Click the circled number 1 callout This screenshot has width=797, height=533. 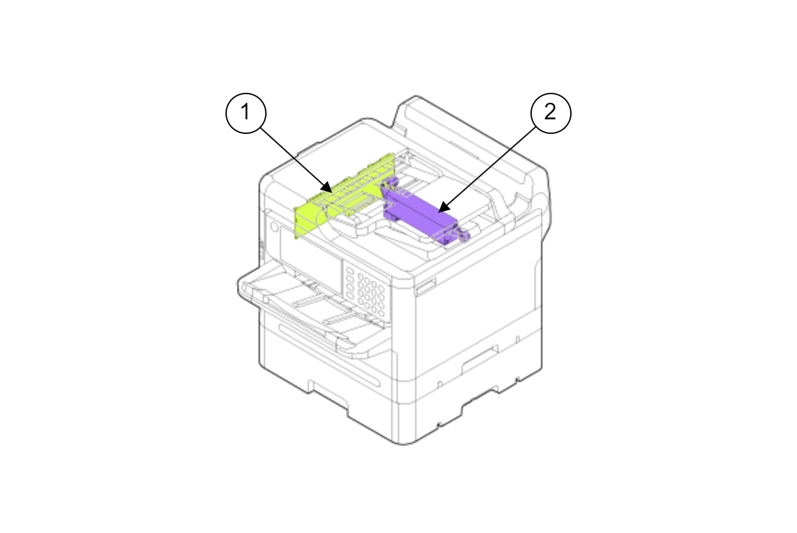246,113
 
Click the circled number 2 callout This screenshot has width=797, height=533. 551,113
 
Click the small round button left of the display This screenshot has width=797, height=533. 275,227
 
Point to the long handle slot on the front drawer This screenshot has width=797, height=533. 329,355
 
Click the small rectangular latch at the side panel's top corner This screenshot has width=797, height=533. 426,286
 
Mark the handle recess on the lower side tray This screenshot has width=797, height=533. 480,359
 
